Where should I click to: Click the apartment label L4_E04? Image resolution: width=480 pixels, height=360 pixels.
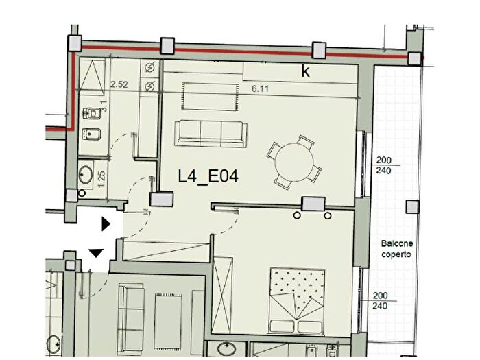(208, 177)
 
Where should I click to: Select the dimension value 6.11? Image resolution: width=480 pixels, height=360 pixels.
(260, 88)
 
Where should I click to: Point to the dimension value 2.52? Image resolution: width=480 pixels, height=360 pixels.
(119, 86)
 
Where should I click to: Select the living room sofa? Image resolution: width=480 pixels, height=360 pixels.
(210, 132)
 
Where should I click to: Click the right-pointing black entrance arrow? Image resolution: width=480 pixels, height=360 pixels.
(105, 224)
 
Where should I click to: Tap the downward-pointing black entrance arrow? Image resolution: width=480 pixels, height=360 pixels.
(97, 253)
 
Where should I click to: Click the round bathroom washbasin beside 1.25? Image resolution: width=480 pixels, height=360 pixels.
(86, 173)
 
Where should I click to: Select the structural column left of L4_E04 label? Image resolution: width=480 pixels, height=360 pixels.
(162, 200)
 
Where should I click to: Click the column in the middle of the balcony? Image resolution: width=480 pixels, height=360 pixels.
(411, 206)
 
